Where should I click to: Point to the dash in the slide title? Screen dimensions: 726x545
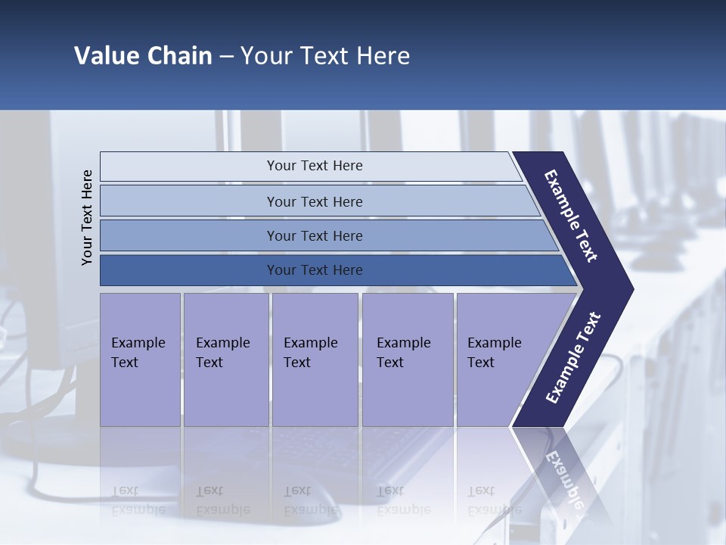pos(226,57)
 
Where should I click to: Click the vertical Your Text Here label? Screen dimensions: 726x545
pos(87,217)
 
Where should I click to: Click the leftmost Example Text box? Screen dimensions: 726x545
pos(140,360)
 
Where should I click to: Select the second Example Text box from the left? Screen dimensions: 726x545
pos(225,360)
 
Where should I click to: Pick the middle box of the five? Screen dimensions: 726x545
pos(315,360)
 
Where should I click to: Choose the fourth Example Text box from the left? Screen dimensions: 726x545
pos(408,360)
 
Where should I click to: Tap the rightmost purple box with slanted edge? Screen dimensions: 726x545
pos(495,360)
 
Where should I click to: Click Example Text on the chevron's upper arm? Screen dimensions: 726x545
pos(571,216)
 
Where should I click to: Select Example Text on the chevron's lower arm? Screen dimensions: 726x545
pos(572,358)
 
